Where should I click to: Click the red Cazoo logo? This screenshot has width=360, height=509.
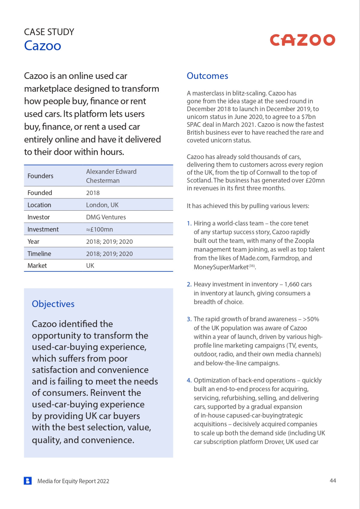tap(302, 40)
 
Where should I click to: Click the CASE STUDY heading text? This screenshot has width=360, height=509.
tap(49, 32)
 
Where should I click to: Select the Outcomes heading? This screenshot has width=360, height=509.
tap(207, 76)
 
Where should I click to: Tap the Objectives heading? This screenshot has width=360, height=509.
tap(53, 304)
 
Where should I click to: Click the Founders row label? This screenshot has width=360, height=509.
tap(40, 176)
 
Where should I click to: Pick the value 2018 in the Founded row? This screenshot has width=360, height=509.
tap(93, 193)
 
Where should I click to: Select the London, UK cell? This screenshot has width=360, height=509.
tap(102, 205)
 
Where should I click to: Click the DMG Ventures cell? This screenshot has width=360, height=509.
tap(106, 217)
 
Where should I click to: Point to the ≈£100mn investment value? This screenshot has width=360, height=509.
tap(99, 230)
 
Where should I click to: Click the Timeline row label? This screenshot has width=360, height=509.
tap(39, 254)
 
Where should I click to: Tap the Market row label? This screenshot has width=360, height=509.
tap(37, 266)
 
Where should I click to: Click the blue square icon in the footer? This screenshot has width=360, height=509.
tap(28, 481)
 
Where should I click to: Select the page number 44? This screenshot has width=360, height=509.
tap(333, 481)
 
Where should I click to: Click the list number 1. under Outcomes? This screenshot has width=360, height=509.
tap(189, 224)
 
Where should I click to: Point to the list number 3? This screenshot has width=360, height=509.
tap(189, 319)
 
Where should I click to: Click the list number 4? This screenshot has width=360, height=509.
tap(189, 381)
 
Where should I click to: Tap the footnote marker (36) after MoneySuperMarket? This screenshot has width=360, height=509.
tap(252, 266)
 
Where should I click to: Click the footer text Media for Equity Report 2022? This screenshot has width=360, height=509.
tap(73, 481)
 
